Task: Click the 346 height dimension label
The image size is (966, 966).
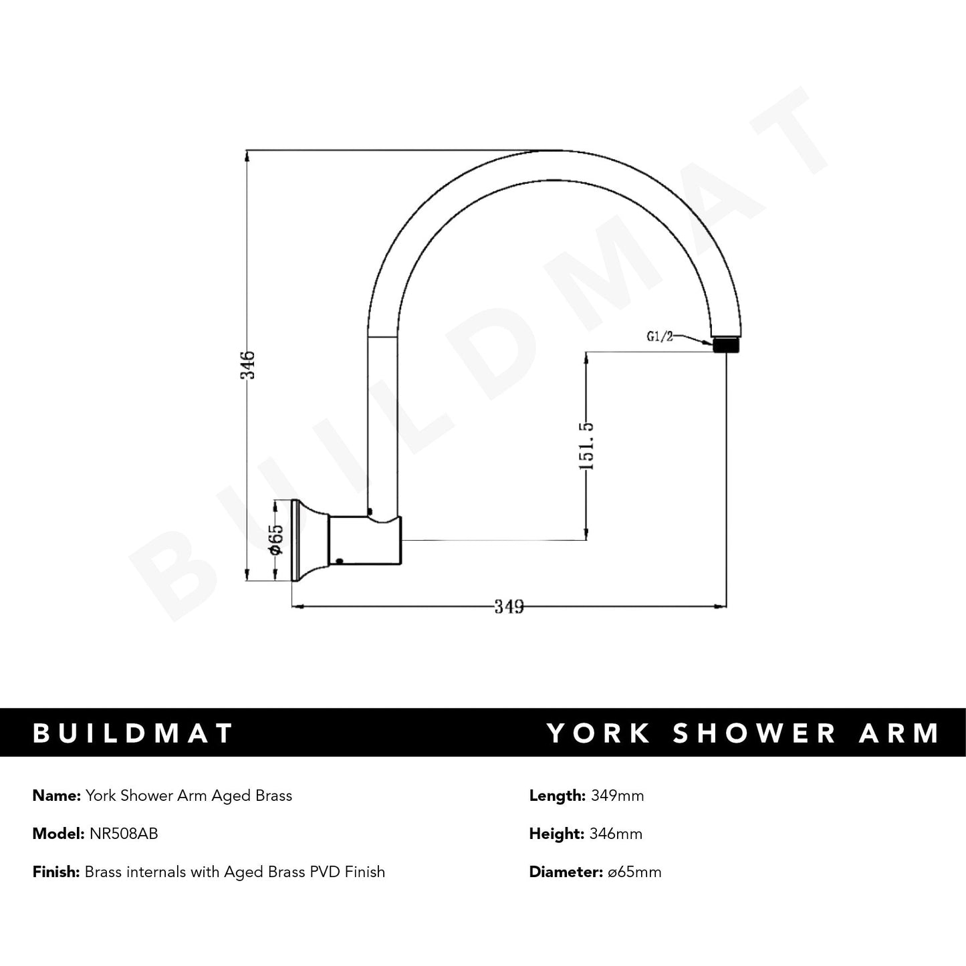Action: tap(248, 364)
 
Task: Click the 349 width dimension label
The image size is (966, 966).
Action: tap(509, 606)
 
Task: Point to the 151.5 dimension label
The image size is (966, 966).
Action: tap(586, 445)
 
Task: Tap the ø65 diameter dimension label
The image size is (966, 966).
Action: tap(276, 539)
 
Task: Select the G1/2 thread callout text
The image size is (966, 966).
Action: tap(659, 336)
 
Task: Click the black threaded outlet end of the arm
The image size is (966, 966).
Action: tap(726, 345)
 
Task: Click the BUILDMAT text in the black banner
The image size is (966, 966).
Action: tap(133, 733)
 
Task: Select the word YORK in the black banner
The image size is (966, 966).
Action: tap(599, 733)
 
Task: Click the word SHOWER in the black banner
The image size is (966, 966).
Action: tap(755, 733)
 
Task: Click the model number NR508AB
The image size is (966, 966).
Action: tap(124, 834)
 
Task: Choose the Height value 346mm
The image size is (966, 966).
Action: tap(616, 834)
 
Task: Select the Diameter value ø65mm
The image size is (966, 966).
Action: tap(632, 872)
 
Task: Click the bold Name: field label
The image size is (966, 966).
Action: tap(57, 796)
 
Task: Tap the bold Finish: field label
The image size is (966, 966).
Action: tap(56, 872)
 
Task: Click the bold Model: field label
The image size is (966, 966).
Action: tap(59, 834)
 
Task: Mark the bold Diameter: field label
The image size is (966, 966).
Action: tap(563, 872)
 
